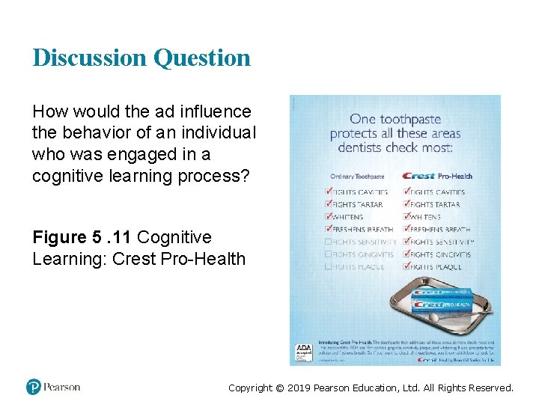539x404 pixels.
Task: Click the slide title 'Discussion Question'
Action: click(141, 58)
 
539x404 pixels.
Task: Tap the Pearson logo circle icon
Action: click(34, 387)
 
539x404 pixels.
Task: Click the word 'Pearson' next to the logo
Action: click(61, 387)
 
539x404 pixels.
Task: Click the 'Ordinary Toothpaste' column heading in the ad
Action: click(357, 177)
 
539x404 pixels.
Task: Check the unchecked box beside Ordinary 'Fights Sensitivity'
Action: click(328, 242)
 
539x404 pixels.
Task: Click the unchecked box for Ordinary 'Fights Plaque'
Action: click(328, 266)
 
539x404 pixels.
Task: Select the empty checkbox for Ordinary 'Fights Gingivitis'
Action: click(328, 254)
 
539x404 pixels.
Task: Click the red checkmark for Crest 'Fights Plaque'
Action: click(406, 266)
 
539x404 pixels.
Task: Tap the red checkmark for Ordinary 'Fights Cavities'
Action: click(328, 192)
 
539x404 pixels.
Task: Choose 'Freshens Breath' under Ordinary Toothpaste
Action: click(364, 230)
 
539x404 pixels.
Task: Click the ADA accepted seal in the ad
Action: click(304, 352)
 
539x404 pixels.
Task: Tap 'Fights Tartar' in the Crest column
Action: click(436, 204)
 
